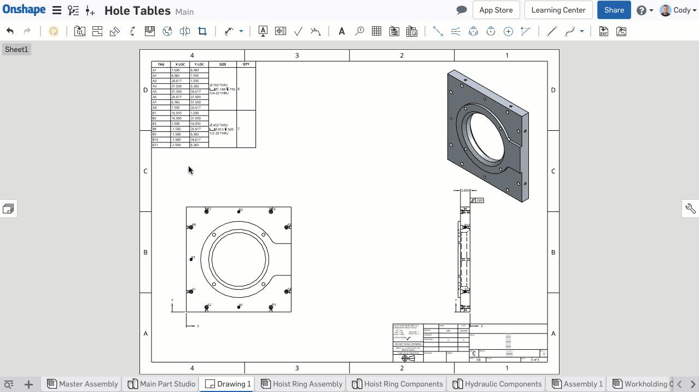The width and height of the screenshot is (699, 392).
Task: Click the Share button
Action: [x=614, y=10]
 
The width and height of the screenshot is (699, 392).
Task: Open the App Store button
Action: [x=496, y=10]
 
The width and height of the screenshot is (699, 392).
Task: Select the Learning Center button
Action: [x=558, y=10]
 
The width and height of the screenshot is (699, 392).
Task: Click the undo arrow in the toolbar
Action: [x=10, y=31]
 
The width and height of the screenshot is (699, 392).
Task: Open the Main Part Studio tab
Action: [x=162, y=384]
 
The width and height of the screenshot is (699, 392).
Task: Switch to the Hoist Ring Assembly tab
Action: [x=302, y=384]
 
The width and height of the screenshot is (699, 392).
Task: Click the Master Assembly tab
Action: [x=83, y=384]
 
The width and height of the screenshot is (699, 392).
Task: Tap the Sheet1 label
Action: [x=16, y=49]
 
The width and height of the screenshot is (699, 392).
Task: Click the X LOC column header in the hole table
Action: [x=180, y=65]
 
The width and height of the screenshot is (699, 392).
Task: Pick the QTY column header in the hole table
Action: [x=246, y=65]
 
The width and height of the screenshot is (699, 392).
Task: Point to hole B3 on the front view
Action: [x=191, y=260]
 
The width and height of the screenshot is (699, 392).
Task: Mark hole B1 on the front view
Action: [x=238, y=307]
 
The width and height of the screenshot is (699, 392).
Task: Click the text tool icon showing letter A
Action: [x=341, y=31]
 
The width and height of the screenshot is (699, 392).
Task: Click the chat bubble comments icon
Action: [x=461, y=10]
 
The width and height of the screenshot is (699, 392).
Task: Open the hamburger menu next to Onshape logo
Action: [x=56, y=10]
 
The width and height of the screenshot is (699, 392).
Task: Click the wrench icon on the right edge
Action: [x=690, y=209]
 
